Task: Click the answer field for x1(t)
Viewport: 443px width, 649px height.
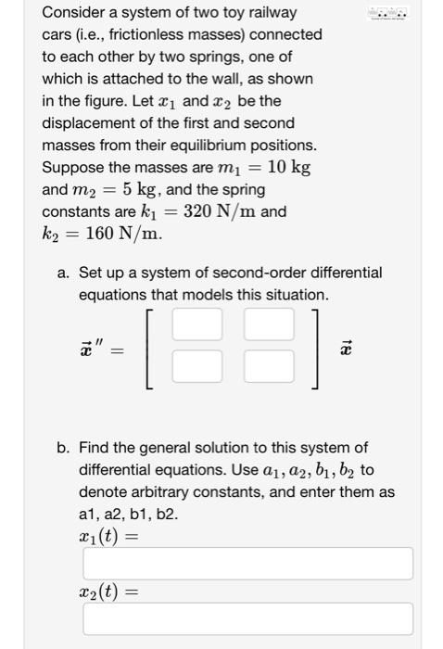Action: click(248, 563)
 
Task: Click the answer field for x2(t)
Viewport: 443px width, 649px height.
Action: click(248, 618)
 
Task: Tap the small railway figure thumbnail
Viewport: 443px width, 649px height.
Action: click(387, 14)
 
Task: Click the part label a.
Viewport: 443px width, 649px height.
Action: click(63, 274)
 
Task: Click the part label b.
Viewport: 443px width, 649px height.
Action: click(63, 448)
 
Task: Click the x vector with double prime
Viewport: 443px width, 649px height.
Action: click(90, 348)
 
